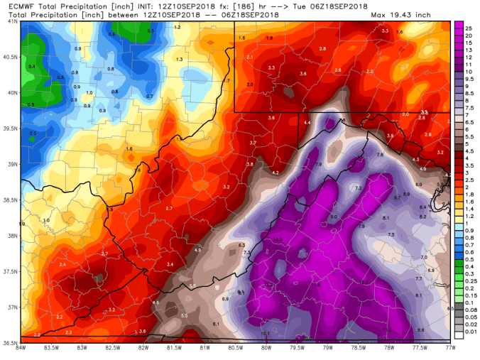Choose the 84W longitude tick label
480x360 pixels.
click(x=21, y=349)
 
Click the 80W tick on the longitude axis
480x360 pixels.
click(x=266, y=349)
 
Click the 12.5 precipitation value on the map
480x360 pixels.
click(x=278, y=240)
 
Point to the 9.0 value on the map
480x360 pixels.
click(x=333, y=216)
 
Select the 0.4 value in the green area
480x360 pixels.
click(x=31, y=66)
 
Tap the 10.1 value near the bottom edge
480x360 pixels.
click(x=265, y=333)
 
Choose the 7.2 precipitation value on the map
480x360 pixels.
click(x=359, y=187)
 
